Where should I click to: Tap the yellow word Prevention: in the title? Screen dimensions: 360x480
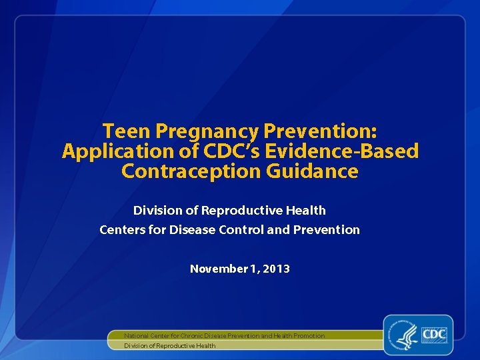click(321, 131)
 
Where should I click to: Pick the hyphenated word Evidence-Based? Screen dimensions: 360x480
click(342, 151)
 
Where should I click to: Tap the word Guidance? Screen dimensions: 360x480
click(313, 171)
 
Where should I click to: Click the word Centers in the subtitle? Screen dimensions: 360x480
click(121, 230)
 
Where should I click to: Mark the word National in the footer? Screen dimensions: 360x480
click(139, 335)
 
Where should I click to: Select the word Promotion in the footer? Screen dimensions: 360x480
click(309, 335)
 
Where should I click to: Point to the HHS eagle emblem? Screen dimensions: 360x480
click(405, 335)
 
